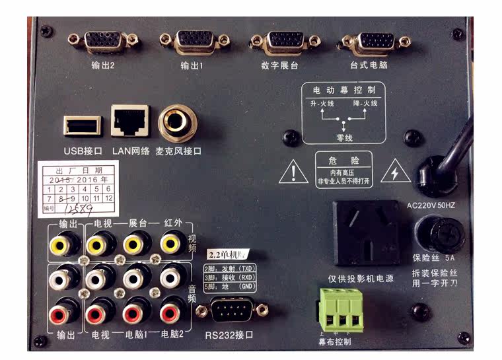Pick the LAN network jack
click(130, 122)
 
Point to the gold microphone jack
click(177, 122)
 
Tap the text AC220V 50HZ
click(435, 205)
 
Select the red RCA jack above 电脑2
click(170, 309)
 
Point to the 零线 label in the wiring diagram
click(343, 135)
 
